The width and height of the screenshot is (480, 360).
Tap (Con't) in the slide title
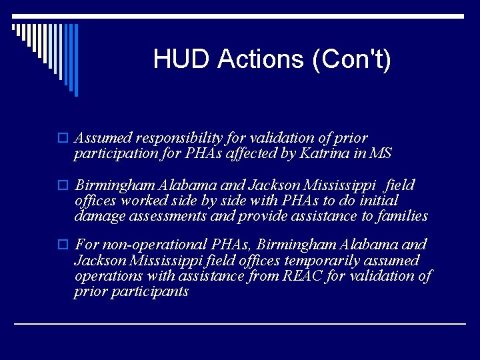(x=351, y=60)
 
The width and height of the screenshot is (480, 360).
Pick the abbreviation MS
(x=381, y=154)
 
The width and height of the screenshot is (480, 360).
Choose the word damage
(x=97, y=215)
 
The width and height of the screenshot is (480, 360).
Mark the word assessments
(x=167, y=215)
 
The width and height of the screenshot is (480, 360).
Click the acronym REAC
(x=300, y=275)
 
